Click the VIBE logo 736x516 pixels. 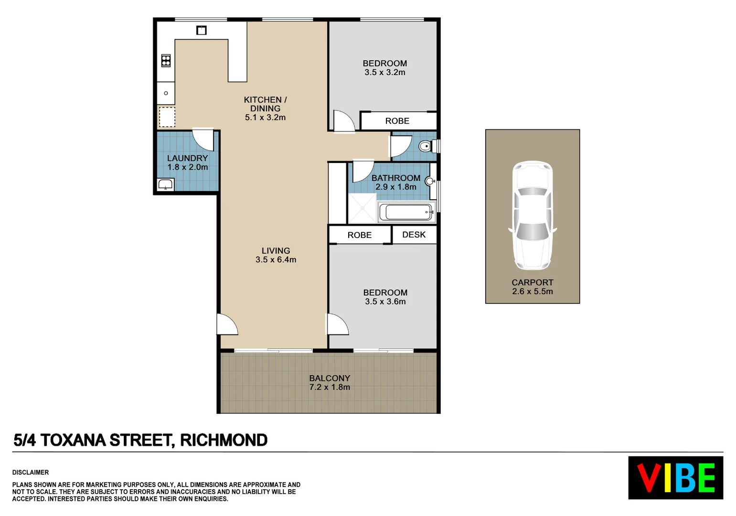(675, 477)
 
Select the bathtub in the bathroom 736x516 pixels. (406, 212)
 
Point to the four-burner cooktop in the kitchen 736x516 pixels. (166, 60)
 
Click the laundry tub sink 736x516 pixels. (165, 184)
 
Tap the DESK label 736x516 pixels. (414, 235)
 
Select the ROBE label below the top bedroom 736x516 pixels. (397, 121)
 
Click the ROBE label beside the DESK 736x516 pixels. (359, 235)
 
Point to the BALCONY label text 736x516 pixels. (329, 378)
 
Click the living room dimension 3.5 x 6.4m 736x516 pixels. (276, 260)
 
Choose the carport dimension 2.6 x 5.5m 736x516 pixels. (532, 291)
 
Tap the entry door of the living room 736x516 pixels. (226, 324)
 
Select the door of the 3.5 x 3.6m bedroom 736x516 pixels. (337, 324)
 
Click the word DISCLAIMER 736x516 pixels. (31, 473)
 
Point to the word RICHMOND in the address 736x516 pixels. (224, 440)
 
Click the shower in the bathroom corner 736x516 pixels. (362, 208)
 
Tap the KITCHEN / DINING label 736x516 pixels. (265, 104)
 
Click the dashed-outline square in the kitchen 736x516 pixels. (167, 117)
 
